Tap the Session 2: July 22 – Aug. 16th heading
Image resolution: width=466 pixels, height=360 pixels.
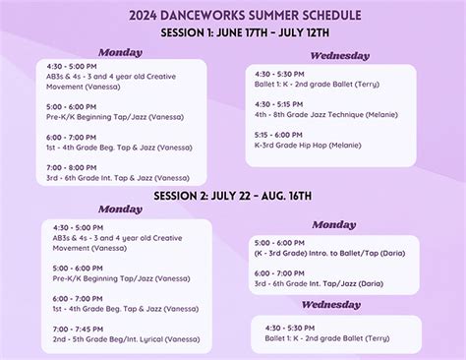(x=233, y=196)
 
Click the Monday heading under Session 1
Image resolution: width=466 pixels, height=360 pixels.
(x=120, y=51)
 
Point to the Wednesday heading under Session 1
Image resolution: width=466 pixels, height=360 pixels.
(x=339, y=56)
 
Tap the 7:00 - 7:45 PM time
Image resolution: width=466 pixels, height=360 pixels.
(x=74, y=330)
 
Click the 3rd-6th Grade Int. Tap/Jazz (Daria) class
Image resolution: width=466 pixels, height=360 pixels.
(x=319, y=283)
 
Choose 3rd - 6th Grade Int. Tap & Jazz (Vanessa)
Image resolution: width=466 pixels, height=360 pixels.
(x=117, y=178)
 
